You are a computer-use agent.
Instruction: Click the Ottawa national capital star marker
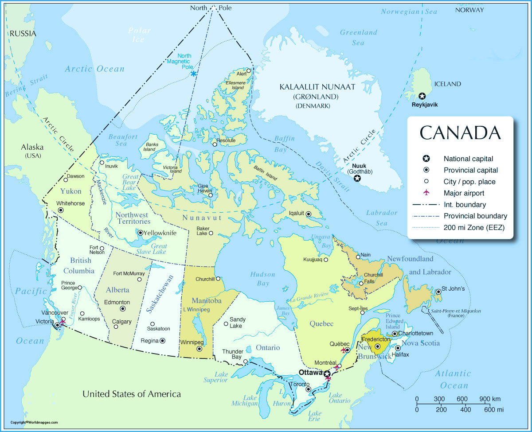tap(327, 374)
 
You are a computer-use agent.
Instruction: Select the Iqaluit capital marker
tap(309, 214)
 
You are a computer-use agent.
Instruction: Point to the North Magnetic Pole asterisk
tap(193, 74)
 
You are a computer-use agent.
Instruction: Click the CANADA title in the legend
tap(460, 133)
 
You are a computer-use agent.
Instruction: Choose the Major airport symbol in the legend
tap(426, 193)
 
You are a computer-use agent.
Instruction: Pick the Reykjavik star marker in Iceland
tap(422, 96)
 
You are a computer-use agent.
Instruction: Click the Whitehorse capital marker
tap(61, 210)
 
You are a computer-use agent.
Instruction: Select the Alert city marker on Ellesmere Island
tap(249, 70)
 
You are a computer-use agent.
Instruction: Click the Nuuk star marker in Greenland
tap(357, 179)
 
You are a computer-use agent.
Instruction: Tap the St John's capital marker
tap(438, 292)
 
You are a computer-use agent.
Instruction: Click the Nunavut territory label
tap(199, 218)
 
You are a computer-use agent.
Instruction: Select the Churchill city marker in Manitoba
tap(218, 279)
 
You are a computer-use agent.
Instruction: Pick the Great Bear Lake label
tap(130, 182)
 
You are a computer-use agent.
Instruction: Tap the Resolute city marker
tap(215, 144)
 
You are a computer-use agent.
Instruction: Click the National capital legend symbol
tap(426, 159)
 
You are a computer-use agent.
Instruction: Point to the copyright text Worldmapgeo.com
tap(35, 422)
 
